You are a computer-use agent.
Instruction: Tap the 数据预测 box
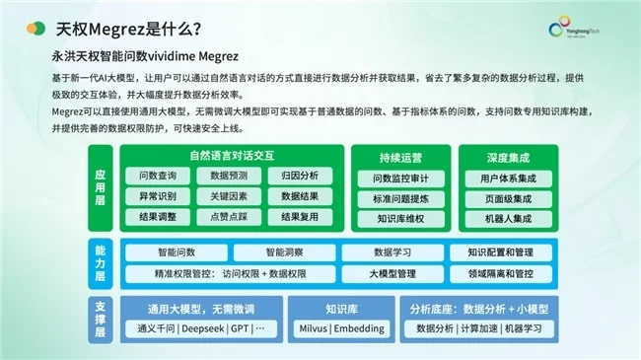coord(228,176)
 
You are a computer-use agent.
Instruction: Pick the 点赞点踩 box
coord(228,216)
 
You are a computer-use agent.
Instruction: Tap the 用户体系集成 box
coord(508,179)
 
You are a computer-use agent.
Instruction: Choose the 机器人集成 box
coord(508,219)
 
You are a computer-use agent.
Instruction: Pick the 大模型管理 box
coord(392,273)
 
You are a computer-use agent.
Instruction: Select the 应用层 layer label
coord(101,187)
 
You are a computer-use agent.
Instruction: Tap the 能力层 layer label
coord(101,263)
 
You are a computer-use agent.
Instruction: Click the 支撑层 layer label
coord(101,319)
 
